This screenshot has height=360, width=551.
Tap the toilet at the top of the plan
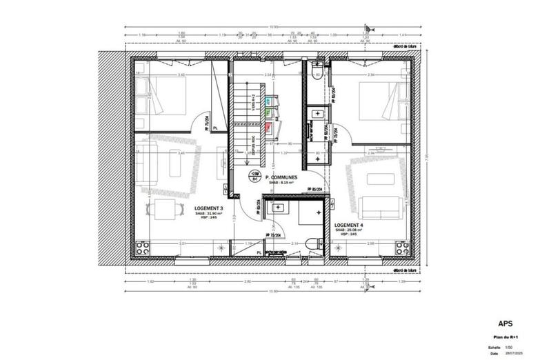click(x=316, y=71)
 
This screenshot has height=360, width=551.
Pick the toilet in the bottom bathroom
click(x=316, y=242)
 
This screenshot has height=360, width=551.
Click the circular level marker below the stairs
click(x=255, y=174)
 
